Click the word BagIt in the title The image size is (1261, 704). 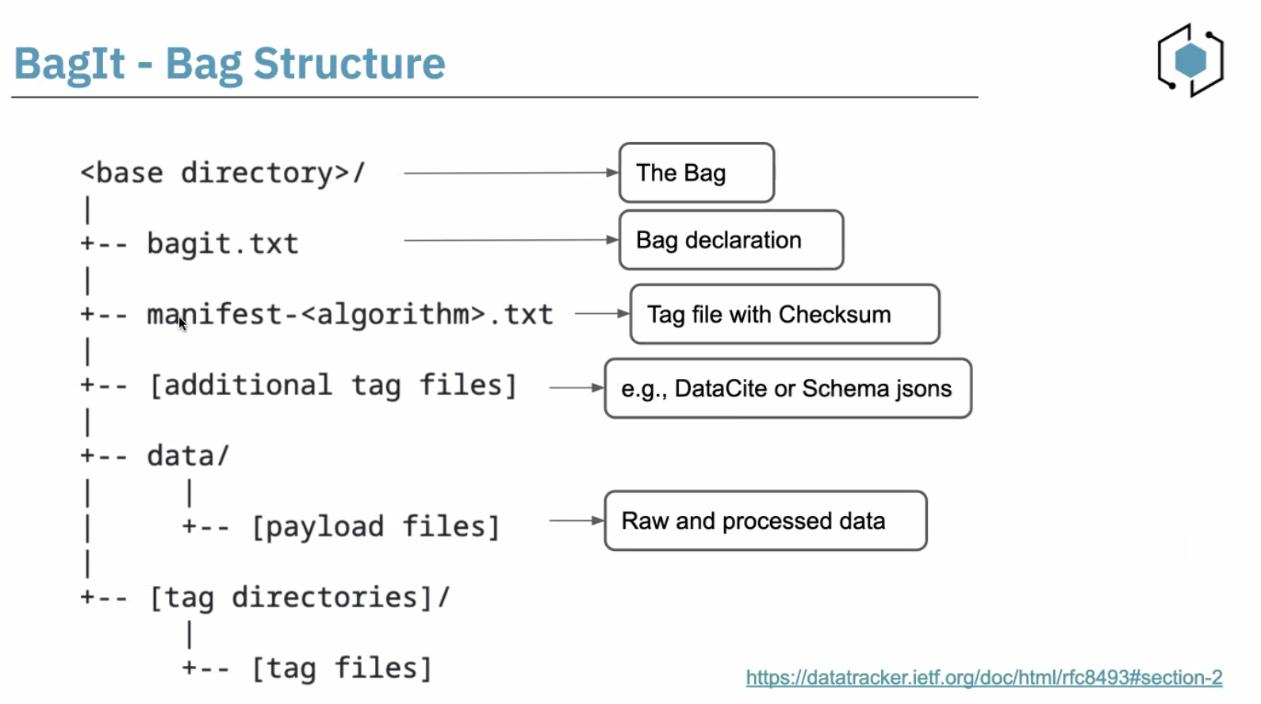pyautogui.click(x=70, y=63)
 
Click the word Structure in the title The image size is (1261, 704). pyautogui.click(x=349, y=63)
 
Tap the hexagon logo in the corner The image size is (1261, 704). pyautogui.click(x=1190, y=60)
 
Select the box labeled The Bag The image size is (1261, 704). pyautogui.click(x=696, y=173)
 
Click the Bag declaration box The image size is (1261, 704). pyautogui.click(x=730, y=240)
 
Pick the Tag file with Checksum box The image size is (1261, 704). pyautogui.click(x=784, y=315)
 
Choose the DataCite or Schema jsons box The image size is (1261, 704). pyautogui.click(x=788, y=388)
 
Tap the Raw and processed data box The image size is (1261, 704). pyautogui.click(x=765, y=521)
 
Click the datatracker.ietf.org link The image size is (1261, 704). pyautogui.click(x=983, y=678)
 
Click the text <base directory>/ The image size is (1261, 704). pyautogui.click(x=223, y=173)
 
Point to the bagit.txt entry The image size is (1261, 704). pyautogui.click(x=222, y=243)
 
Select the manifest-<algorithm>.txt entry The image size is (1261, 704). pyautogui.click(x=350, y=315)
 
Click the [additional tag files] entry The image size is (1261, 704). pyautogui.click(x=333, y=385)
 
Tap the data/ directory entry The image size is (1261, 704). pyautogui.click(x=188, y=456)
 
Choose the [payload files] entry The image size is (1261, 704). pyautogui.click(x=375, y=526)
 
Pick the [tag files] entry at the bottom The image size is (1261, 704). pyautogui.click(x=342, y=668)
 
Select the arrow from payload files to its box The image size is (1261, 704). pyautogui.click(x=576, y=521)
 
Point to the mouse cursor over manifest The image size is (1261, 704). pyautogui.click(x=182, y=323)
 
